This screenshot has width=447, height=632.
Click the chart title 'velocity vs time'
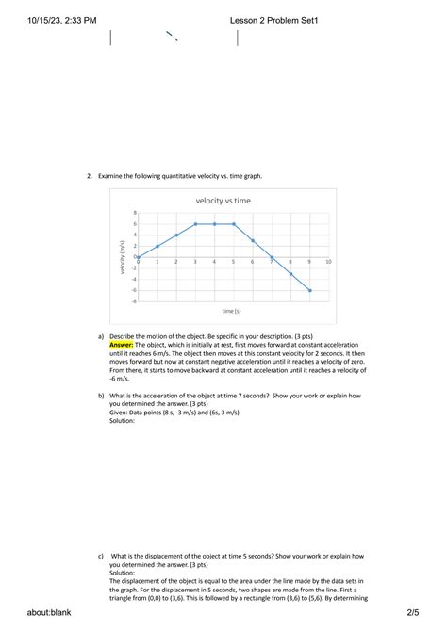click(x=223, y=201)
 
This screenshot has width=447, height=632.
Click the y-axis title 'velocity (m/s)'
click(x=123, y=256)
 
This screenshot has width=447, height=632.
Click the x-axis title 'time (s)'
click(x=232, y=311)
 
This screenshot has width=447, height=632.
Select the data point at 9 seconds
click(x=309, y=290)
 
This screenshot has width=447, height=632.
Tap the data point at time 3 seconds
click(x=195, y=224)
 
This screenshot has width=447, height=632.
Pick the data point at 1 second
click(x=157, y=246)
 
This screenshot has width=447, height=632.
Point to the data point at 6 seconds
click(x=253, y=240)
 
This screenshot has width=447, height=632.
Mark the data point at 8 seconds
click(x=290, y=273)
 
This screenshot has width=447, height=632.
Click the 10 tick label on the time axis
click(x=327, y=261)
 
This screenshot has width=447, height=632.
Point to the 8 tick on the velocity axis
click(x=134, y=213)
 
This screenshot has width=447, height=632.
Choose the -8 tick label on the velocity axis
click(x=133, y=300)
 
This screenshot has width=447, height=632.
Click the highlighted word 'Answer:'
click(x=121, y=345)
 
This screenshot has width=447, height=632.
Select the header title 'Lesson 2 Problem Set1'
click(x=273, y=19)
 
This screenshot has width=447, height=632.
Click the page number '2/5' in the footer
click(x=412, y=613)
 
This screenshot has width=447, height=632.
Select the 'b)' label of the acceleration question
click(x=101, y=397)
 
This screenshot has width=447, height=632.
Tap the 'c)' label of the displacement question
click(x=101, y=557)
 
